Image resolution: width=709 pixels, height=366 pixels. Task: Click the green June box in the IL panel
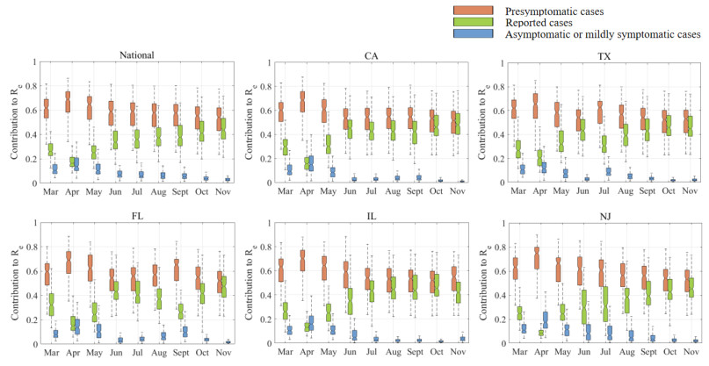(x=351, y=301)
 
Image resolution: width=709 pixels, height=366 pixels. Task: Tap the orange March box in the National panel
(x=44, y=108)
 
